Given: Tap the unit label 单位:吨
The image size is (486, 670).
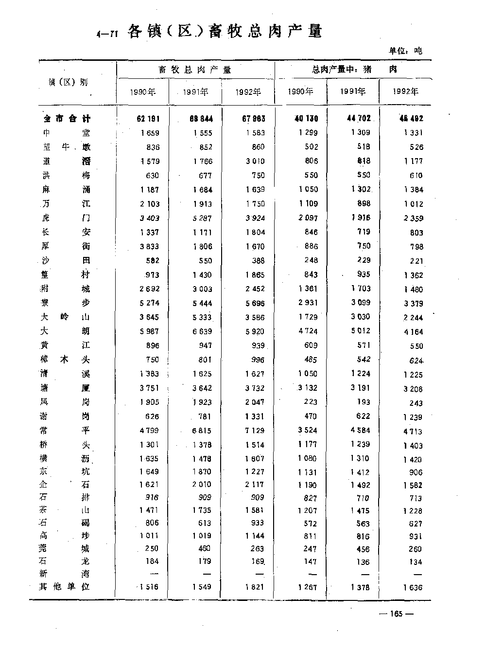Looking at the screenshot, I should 405,50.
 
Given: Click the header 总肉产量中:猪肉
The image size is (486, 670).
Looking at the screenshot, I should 354,70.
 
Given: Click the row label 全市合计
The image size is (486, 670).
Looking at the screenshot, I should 67,119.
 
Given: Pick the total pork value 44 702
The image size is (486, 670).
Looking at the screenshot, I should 357,118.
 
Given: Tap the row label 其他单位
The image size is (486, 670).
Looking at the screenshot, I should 65,586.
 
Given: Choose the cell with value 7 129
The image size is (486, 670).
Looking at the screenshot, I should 254,431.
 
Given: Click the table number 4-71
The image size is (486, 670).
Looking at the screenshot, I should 107,34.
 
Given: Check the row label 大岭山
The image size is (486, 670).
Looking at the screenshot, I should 66,317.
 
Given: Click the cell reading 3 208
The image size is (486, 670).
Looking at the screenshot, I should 413,389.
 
